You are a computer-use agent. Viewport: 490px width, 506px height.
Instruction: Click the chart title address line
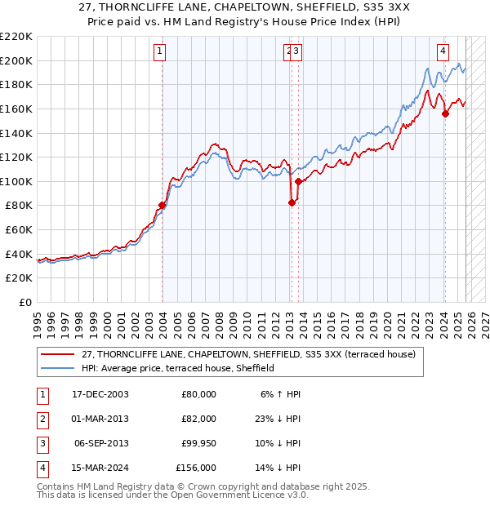click(245, 8)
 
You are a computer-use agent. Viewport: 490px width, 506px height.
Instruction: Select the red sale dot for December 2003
click(163, 205)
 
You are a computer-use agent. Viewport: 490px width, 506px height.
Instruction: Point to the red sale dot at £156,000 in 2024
click(445, 113)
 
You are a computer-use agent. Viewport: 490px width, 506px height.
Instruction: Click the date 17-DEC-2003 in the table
click(100, 394)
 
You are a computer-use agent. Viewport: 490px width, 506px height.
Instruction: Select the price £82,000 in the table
click(198, 419)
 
